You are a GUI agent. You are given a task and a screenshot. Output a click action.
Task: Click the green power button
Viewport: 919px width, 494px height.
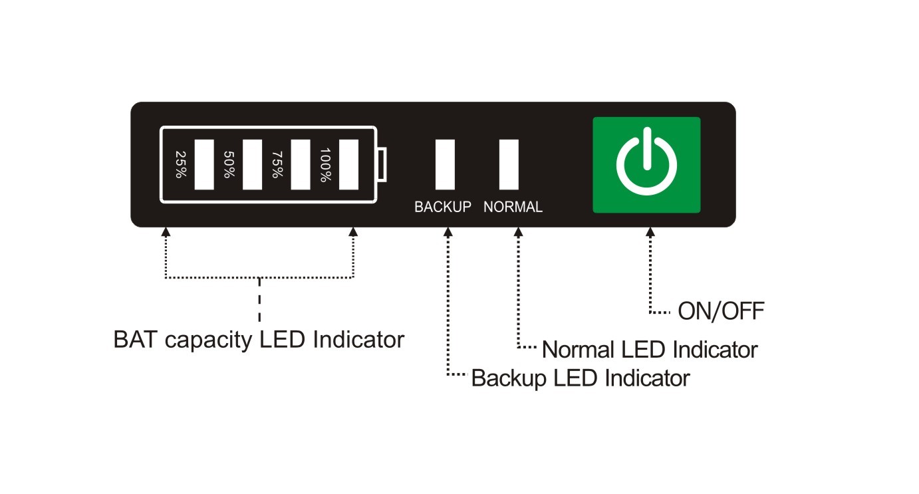(646, 165)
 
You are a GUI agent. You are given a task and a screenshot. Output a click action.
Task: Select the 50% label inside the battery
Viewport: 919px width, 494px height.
(229, 165)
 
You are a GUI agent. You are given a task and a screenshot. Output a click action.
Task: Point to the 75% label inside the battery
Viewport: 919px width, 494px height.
(277, 165)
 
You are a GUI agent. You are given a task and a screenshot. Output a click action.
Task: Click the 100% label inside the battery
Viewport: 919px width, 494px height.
(326, 165)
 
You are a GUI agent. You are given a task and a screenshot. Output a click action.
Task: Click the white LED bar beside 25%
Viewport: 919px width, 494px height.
(204, 165)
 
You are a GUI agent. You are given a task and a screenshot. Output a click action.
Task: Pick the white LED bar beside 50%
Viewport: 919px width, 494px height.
(252, 165)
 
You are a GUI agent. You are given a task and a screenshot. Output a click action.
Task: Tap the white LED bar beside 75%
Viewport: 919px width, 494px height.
(301, 165)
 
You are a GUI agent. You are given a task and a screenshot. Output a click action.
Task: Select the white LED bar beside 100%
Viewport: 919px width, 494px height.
(349, 165)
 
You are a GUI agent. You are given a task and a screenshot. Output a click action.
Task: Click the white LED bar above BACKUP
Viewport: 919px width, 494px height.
(445, 164)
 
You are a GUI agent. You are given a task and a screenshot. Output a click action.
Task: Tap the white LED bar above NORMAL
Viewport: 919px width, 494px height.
(509, 164)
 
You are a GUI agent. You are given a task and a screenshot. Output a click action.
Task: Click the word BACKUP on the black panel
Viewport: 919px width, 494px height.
(443, 207)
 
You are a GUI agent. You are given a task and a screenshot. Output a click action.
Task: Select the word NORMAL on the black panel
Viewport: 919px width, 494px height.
(513, 207)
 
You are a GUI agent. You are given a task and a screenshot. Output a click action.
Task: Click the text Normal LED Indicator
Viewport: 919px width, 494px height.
(650, 349)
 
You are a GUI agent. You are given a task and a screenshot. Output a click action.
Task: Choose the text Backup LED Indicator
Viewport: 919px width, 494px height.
(580, 378)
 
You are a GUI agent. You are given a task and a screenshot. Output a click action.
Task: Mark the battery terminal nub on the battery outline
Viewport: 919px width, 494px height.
(381, 165)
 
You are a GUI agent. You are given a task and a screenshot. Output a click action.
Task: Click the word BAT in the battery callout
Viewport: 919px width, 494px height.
(136, 340)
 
